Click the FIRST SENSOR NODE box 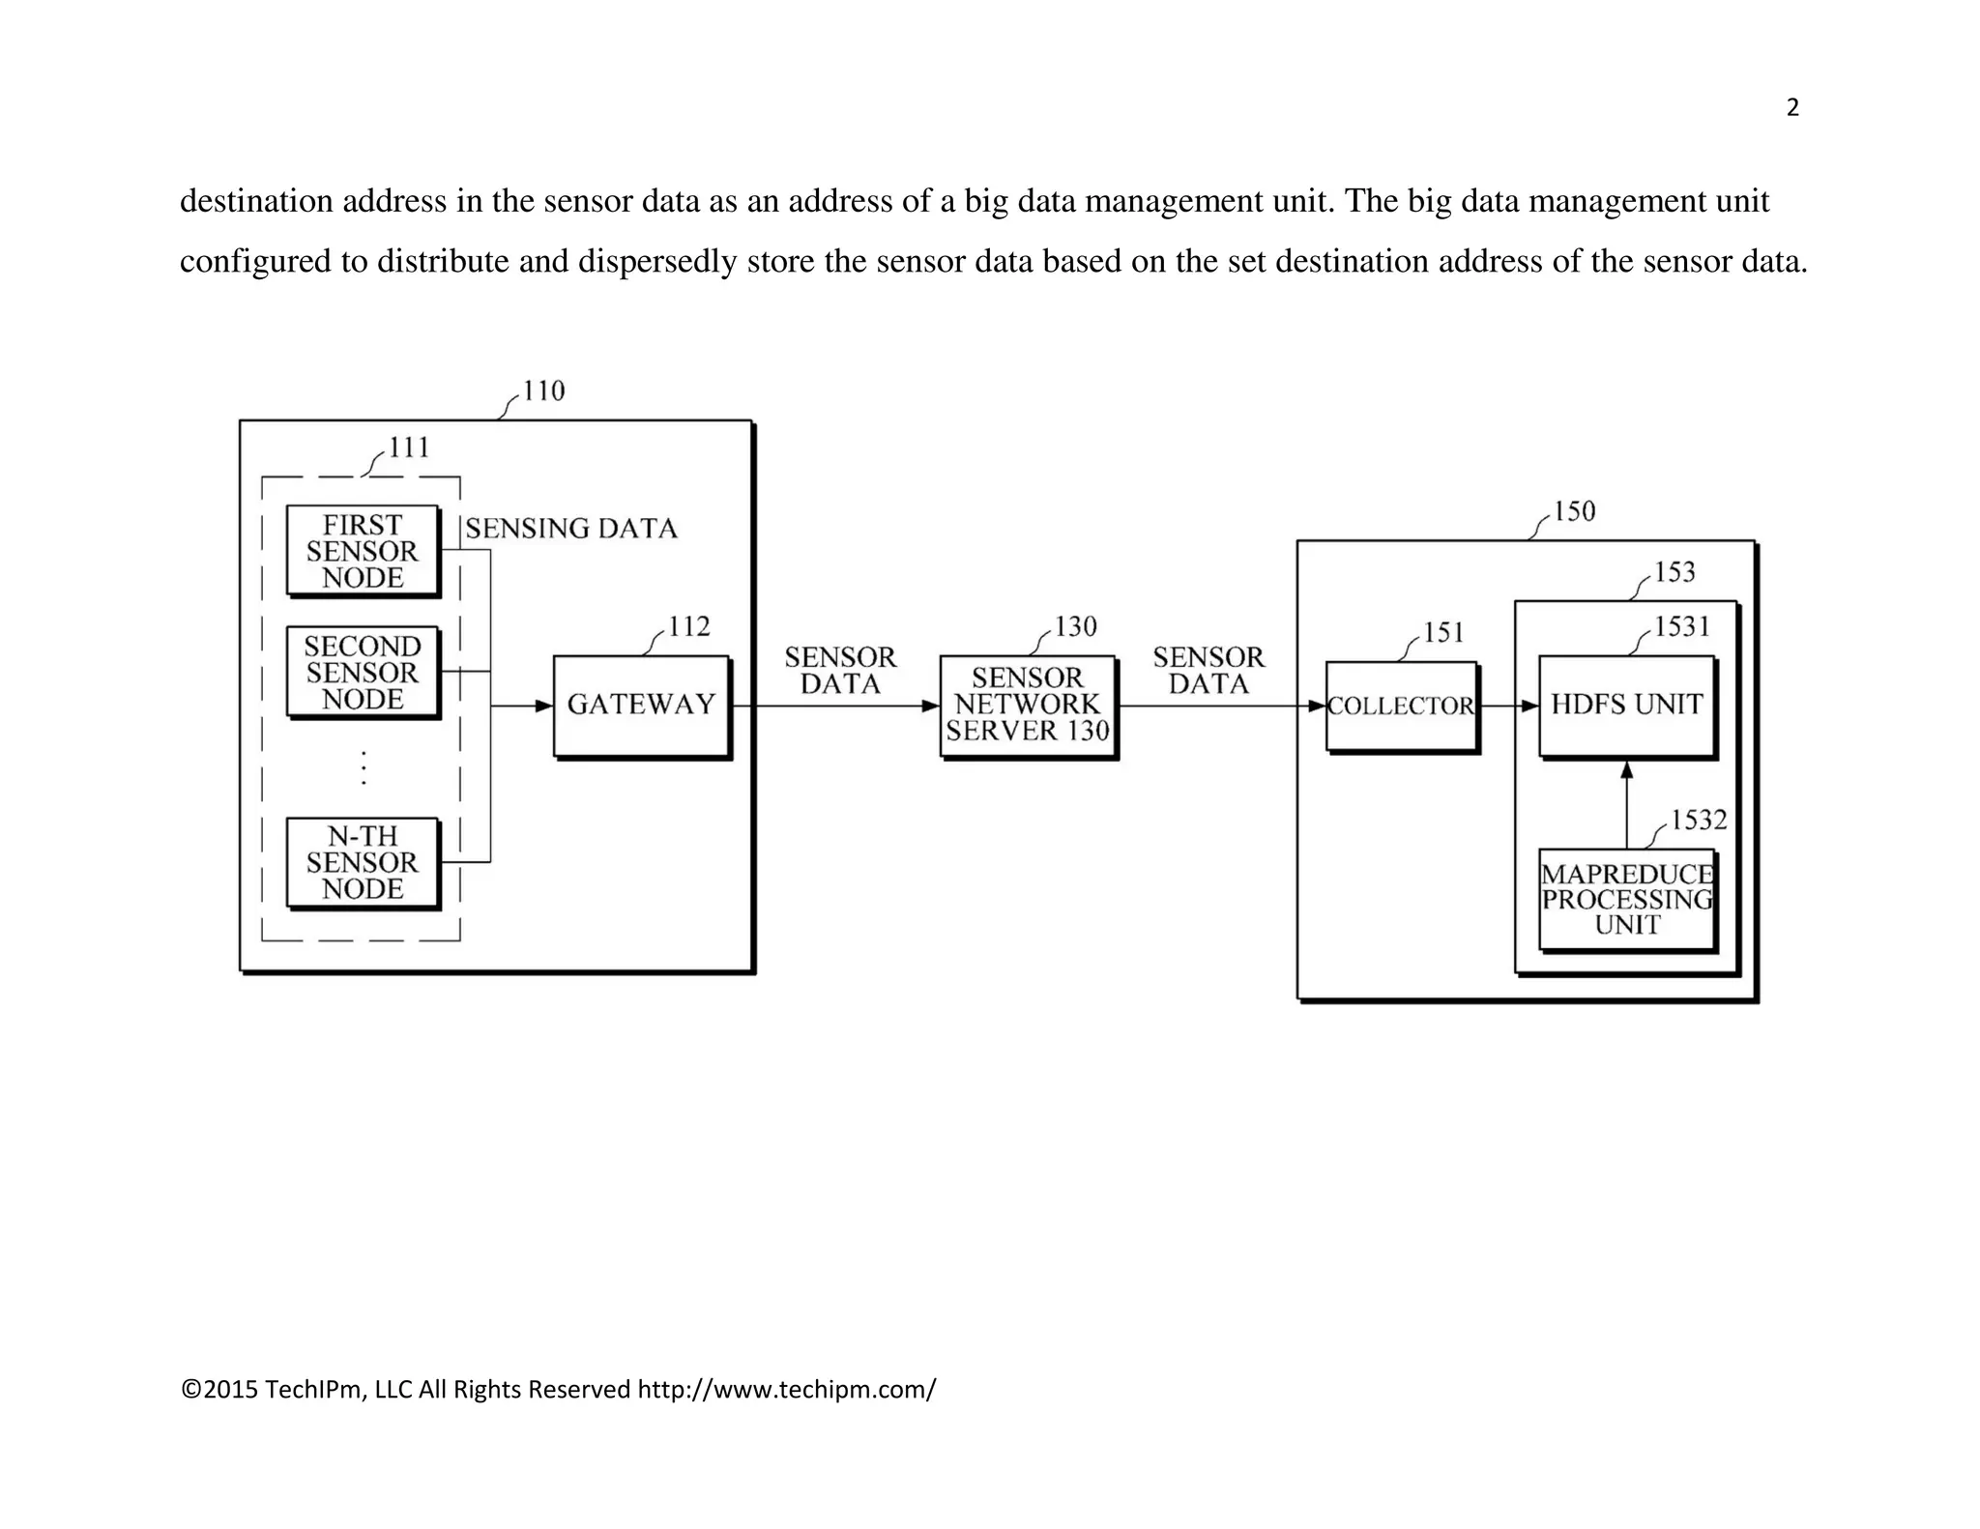click(x=363, y=551)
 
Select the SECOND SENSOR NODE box click(x=363, y=672)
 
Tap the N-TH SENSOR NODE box click(x=363, y=862)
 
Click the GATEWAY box click(x=641, y=706)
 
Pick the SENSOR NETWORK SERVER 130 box click(x=1028, y=706)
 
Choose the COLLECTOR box click(x=1401, y=707)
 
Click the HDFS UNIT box click(x=1627, y=705)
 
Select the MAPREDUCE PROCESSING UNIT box click(x=1627, y=900)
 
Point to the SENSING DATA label click(x=571, y=529)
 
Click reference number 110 click(x=543, y=391)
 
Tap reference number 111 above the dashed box click(x=409, y=447)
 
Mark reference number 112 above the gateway click(x=689, y=627)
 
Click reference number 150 click(x=1574, y=511)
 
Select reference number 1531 click(x=1682, y=627)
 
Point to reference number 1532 click(x=1699, y=821)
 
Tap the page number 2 click(x=1792, y=108)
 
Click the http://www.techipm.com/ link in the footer click(x=786, y=1390)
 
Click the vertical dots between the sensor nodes click(x=364, y=767)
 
